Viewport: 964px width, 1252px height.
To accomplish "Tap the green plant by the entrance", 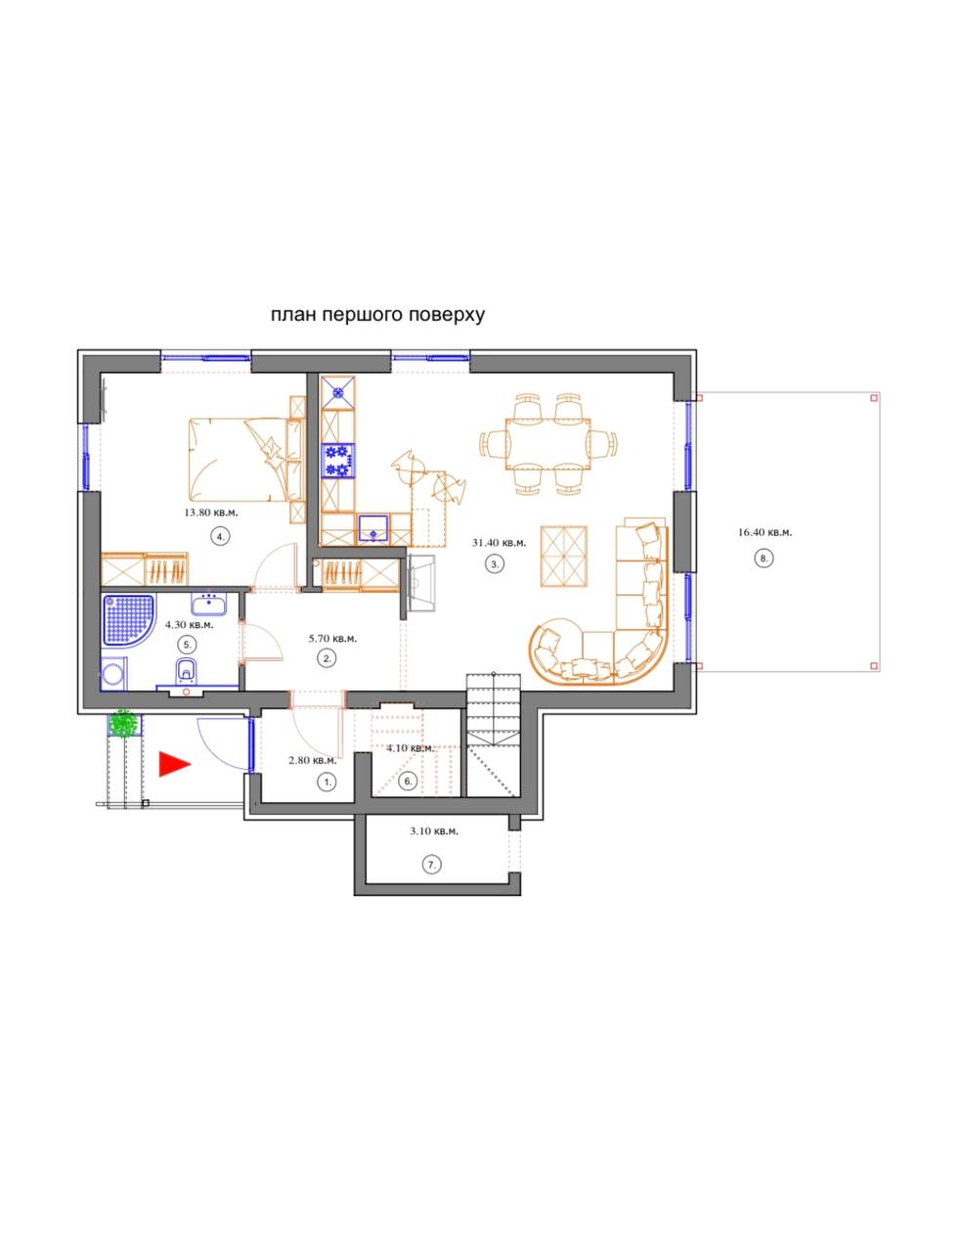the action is coord(124,724).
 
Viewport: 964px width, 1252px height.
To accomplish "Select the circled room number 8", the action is coord(764,558).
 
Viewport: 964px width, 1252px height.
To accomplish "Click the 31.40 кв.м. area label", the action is coord(499,542).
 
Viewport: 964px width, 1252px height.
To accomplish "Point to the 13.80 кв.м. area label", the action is coord(211,513).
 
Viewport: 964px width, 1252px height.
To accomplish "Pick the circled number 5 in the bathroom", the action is coord(188,645).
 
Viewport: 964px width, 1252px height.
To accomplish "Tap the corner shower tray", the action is coord(128,621).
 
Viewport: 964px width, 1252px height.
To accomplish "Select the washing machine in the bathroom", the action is coord(114,674).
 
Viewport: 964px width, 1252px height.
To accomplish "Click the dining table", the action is coord(548,444).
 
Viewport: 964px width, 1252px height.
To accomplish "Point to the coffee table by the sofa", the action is coord(564,556).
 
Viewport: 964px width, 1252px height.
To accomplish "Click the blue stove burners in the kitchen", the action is coord(337,461).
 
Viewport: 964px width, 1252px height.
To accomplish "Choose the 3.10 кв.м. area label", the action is coord(434,831).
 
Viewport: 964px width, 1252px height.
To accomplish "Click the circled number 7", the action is coord(431,865).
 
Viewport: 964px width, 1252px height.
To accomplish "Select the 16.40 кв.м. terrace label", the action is coord(765,532).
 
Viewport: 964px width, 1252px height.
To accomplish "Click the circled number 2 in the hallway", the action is coord(328,658).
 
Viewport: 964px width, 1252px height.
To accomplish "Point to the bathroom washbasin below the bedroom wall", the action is coord(208,604).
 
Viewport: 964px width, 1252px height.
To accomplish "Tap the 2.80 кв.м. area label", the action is coord(312,761).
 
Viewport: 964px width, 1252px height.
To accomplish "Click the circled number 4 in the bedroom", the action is coord(220,536).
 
